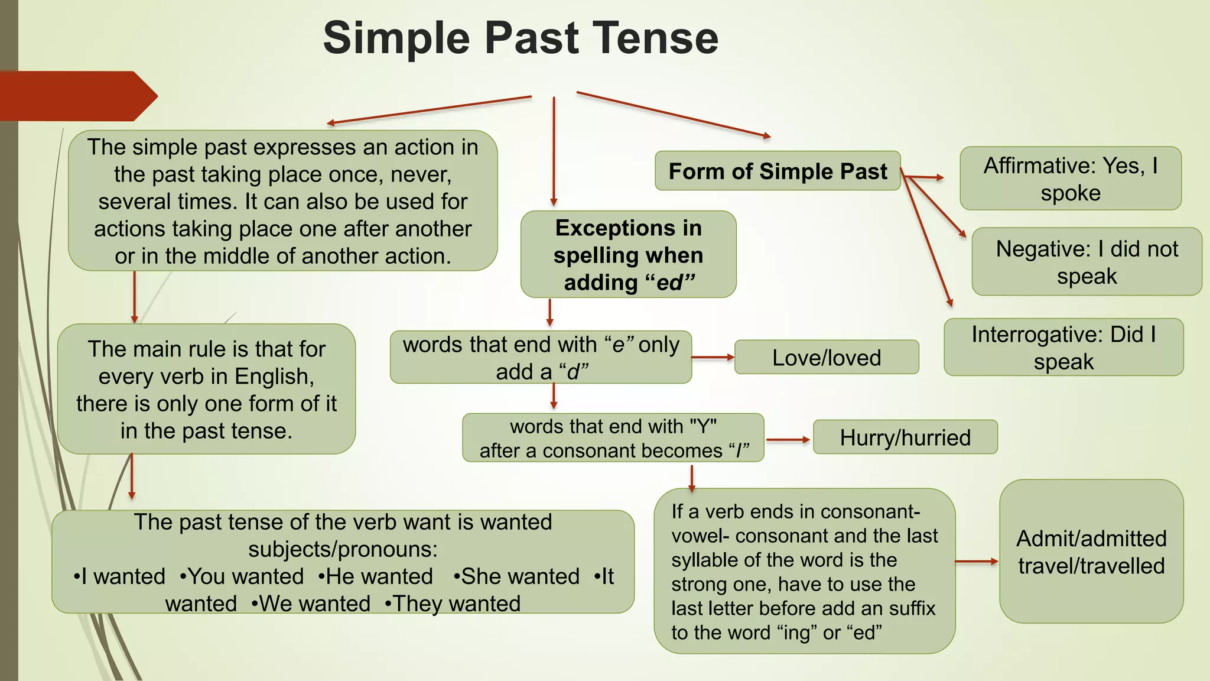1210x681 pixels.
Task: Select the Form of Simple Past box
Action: [x=777, y=171]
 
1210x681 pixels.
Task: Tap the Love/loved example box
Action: [x=826, y=358]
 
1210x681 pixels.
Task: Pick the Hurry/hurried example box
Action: [x=905, y=437]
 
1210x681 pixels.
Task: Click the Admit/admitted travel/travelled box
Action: [x=1091, y=552]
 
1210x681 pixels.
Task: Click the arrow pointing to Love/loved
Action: [x=713, y=358]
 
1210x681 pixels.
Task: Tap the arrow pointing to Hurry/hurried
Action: [x=788, y=440]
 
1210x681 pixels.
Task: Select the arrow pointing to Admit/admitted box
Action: [x=976, y=562]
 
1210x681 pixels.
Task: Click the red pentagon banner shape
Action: [x=77, y=96]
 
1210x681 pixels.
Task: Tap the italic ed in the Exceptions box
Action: [x=669, y=283]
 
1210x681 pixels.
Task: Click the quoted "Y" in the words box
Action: [x=702, y=426]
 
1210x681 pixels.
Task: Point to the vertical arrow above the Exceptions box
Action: [x=554, y=151]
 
